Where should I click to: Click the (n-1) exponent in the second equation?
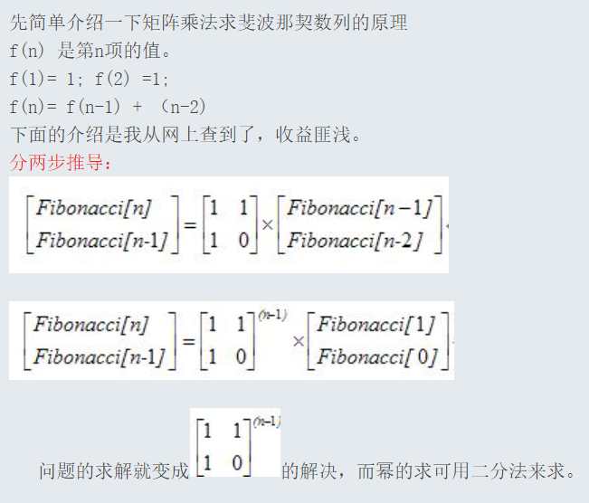point(272,315)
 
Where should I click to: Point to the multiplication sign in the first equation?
point(268,223)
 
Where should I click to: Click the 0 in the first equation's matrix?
point(242,240)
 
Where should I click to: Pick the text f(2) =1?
point(131,78)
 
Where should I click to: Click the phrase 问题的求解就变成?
point(114,471)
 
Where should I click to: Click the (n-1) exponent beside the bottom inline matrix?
point(267,422)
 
